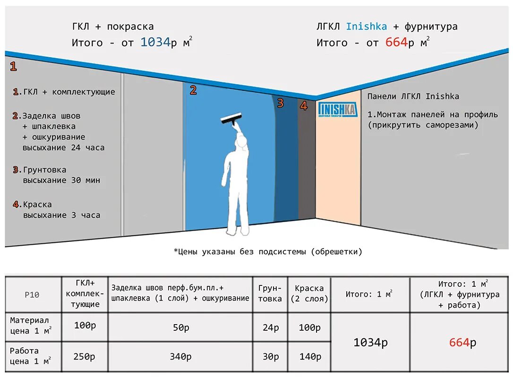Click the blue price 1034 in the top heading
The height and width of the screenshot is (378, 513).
coord(155,43)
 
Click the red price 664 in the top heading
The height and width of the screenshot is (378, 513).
coord(396,43)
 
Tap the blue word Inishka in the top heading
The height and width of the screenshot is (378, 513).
coord(366,27)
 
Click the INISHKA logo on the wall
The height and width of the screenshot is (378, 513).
coord(337,109)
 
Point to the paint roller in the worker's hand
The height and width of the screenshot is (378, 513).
coord(231,119)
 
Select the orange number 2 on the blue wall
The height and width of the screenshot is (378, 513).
coord(193,90)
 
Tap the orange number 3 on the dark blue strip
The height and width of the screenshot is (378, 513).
coord(280,103)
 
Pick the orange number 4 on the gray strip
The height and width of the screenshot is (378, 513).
coord(304,106)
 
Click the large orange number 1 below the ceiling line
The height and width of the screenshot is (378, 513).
coord(13,67)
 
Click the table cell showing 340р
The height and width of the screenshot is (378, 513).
coord(180,357)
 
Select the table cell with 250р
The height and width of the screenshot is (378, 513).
coord(85,357)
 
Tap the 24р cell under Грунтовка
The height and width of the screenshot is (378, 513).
coord(270,328)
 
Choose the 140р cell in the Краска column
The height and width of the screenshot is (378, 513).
coord(310,357)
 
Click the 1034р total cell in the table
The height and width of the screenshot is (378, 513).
coord(370,343)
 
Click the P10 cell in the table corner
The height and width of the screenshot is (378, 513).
coord(32,295)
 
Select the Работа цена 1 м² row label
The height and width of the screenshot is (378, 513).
coord(31,357)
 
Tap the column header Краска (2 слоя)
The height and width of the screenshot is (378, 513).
coord(309,293)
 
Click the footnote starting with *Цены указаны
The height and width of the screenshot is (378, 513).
coord(268,252)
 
